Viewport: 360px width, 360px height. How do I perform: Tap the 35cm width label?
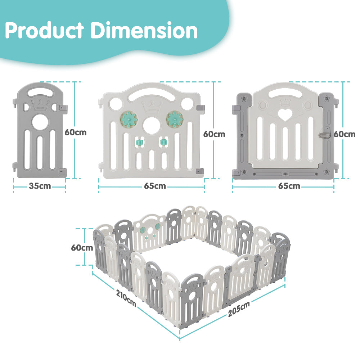[x=40, y=186]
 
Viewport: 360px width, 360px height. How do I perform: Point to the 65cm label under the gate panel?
[x=289, y=186]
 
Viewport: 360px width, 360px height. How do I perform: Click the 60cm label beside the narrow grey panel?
[x=76, y=132]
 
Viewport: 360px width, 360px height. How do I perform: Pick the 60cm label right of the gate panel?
[x=344, y=134]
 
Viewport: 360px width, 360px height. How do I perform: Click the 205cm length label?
[x=239, y=309]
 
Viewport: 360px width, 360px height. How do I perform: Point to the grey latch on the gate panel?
[x=323, y=134]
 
